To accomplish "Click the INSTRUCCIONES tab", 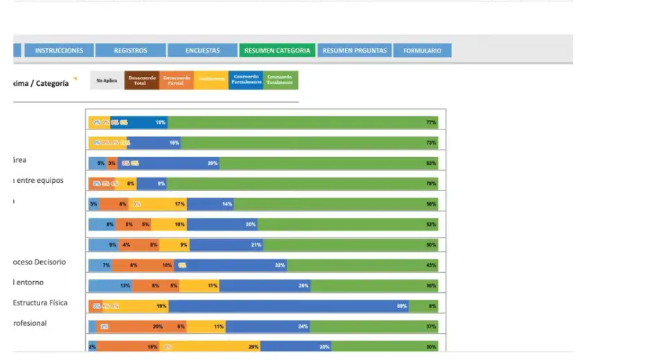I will click(59, 51).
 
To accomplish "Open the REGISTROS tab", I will click(130, 51).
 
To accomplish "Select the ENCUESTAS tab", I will click(202, 51).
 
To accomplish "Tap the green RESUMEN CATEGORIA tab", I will click(277, 51).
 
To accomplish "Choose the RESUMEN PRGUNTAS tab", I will click(355, 51).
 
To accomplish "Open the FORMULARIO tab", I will click(422, 51).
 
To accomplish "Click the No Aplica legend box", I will click(107, 80).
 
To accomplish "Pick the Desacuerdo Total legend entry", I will click(141, 80).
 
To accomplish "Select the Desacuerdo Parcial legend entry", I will click(177, 80).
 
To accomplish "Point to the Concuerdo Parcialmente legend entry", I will click(246, 80).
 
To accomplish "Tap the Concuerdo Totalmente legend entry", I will click(281, 80).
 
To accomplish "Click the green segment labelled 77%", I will click(303, 123).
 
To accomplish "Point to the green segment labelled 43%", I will click(362, 265).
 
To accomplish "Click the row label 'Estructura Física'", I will click(40, 303).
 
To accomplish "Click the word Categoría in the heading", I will click(52, 84).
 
